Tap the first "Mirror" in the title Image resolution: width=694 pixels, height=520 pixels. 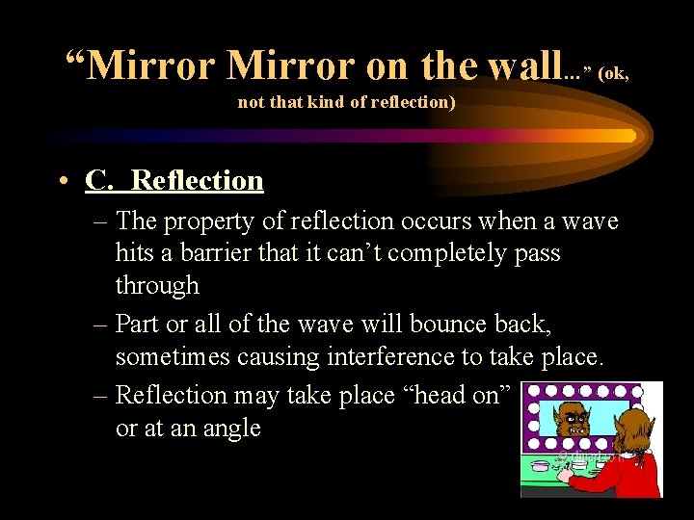[154, 65]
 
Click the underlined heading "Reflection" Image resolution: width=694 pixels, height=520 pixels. [197, 180]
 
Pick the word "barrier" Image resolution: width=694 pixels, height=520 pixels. [212, 253]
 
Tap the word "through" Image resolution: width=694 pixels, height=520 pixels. [157, 285]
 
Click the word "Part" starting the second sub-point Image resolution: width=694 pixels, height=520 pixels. [140, 325]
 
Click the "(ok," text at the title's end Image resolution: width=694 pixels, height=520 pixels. [614, 73]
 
